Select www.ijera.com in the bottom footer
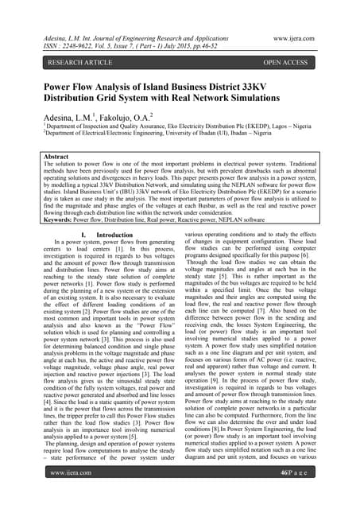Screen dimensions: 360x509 [73, 494]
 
